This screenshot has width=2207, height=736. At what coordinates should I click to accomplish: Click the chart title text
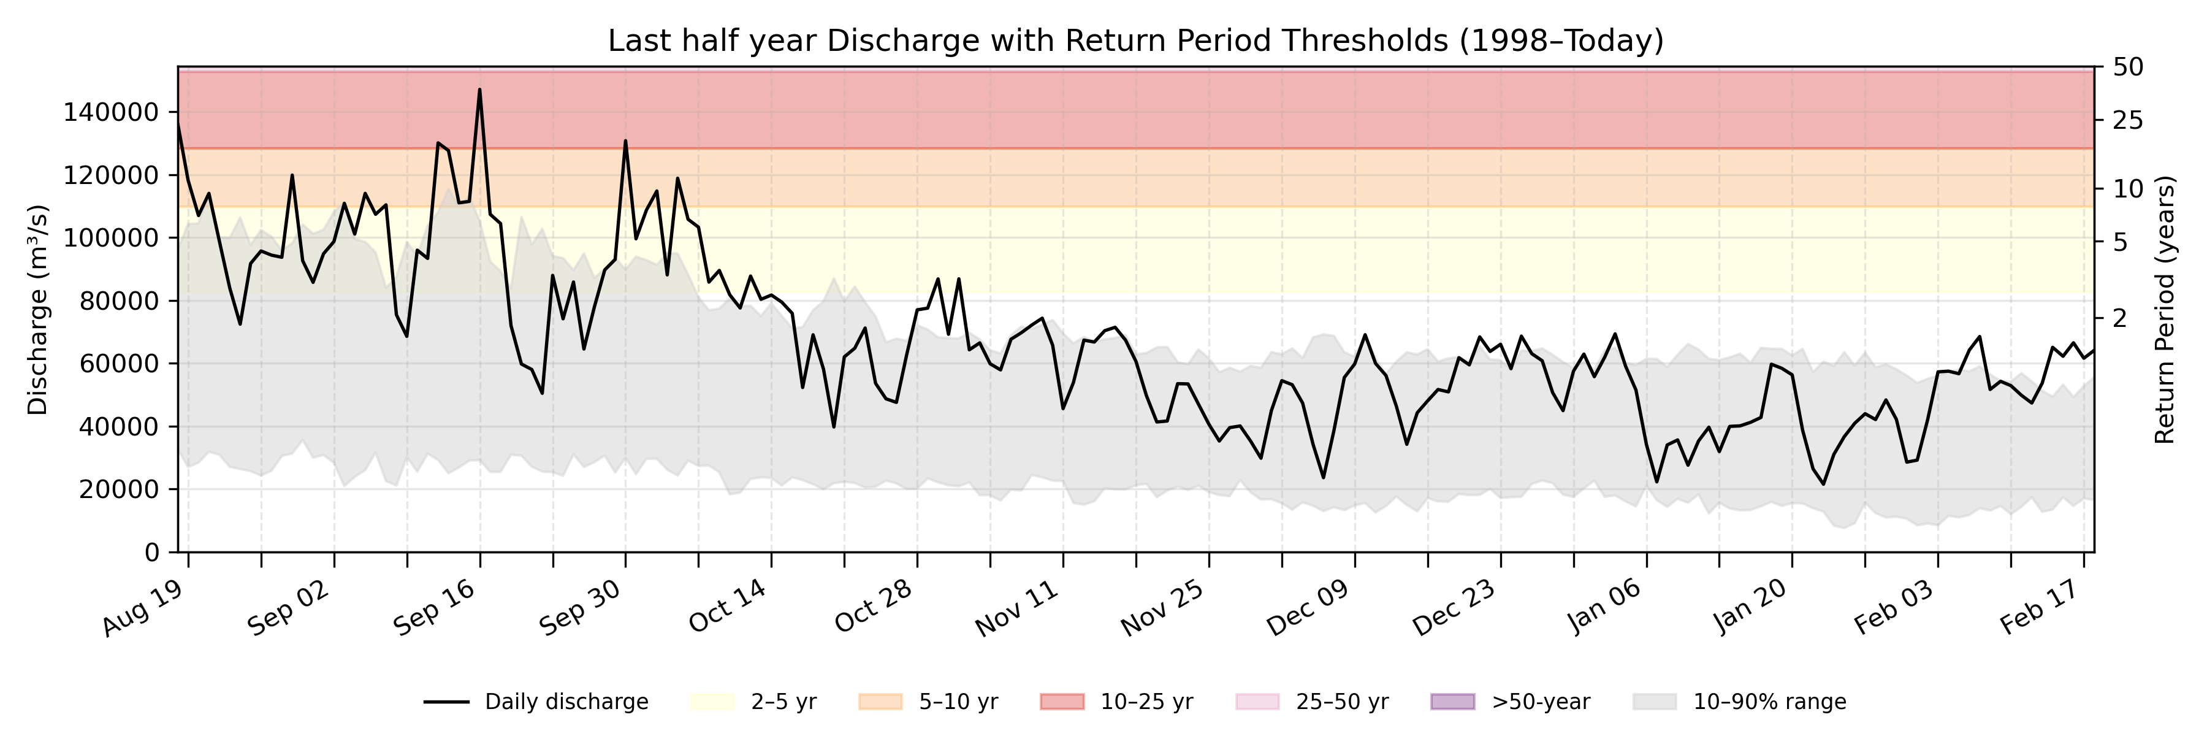point(1135,40)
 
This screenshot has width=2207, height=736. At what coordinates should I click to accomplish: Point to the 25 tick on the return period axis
point(2127,121)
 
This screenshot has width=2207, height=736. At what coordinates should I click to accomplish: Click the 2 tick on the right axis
point(2119,318)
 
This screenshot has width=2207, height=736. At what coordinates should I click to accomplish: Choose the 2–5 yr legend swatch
point(712,702)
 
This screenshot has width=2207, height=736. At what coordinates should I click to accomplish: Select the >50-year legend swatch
point(1452,702)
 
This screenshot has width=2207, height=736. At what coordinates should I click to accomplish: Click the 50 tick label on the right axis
point(2127,67)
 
